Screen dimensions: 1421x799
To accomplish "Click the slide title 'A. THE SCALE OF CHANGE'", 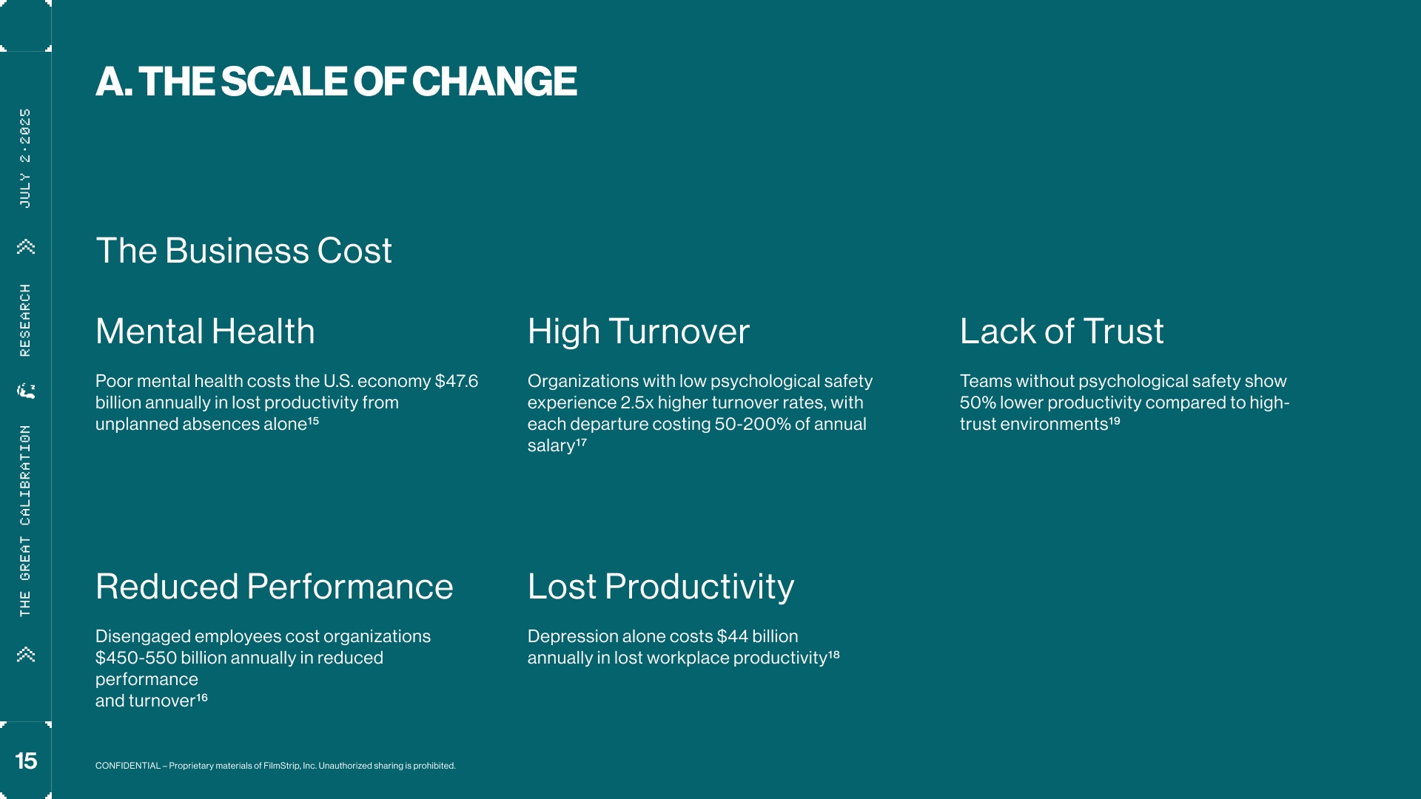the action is [336, 81].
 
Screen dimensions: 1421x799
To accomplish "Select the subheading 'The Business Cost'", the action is [243, 251].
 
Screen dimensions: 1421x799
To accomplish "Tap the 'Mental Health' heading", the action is [205, 331].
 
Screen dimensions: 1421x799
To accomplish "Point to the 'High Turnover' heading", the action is [639, 331].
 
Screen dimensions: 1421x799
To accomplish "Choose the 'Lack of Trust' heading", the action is [1062, 331].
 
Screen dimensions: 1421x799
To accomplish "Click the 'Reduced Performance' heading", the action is [275, 587].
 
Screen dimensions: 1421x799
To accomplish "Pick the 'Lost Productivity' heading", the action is [661, 587].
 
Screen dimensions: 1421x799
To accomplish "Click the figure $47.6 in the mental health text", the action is [457, 381].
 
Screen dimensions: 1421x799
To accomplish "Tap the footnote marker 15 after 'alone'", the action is [313, 421].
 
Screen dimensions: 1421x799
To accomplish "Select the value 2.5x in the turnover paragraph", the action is [637, 402].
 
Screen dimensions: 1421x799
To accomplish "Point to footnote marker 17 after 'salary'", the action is [581, 442].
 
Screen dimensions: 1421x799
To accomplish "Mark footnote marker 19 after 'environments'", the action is [1115, 421].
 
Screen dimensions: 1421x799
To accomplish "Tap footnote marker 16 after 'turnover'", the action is [201, 698].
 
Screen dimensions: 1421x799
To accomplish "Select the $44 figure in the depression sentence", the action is [733, 636].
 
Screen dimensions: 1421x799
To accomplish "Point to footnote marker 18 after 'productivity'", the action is [834, 655].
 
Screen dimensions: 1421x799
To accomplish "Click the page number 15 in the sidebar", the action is [26, 761].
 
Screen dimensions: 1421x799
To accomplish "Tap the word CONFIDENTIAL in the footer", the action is [128, 766].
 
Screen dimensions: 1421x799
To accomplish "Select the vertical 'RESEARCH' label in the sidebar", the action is [25, 320].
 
